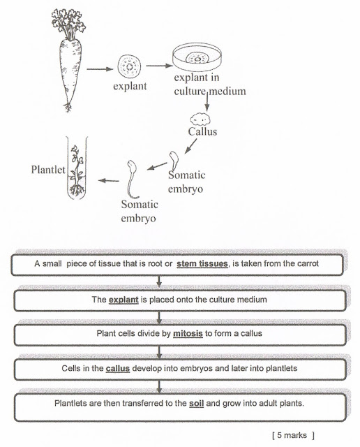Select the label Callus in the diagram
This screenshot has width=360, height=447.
(x=202, y=131)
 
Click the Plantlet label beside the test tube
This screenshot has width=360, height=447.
(x=47, y=170)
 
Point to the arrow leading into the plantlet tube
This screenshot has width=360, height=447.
(x=107, y=181)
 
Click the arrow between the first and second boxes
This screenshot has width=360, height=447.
(x=160, y=281)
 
